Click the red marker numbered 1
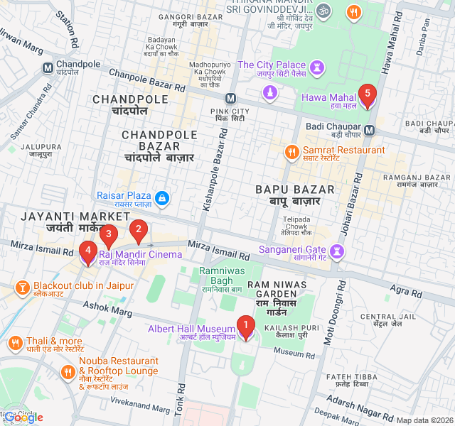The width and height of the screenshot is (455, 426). pos(246,327)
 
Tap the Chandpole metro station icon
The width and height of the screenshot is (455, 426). pos(48,68)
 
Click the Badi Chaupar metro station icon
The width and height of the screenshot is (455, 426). pos(370,130)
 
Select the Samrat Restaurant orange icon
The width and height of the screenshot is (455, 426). pos(291,152)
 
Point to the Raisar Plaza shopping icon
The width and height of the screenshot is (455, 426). pos(162,197)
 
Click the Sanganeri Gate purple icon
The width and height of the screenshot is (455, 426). pos(337,251)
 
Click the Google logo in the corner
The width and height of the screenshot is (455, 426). pos(23,417)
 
